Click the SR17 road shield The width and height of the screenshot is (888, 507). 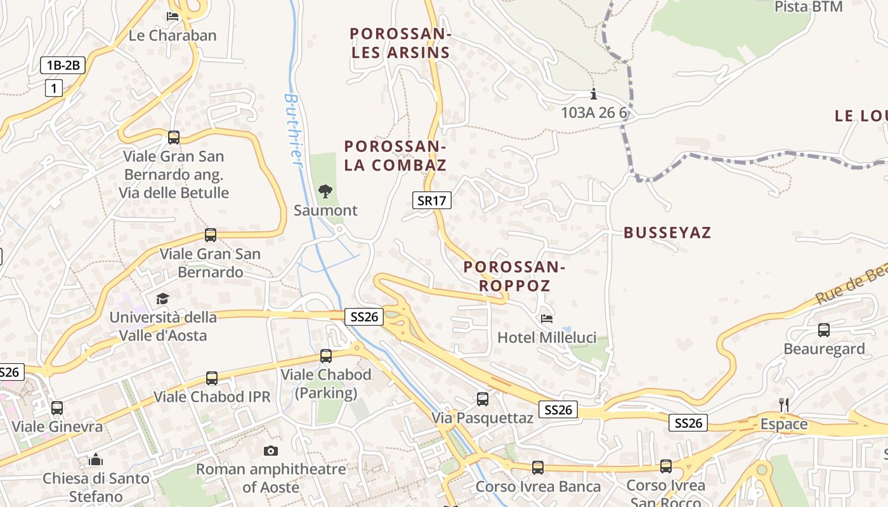[432, 201]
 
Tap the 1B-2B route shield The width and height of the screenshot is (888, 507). [63, 65]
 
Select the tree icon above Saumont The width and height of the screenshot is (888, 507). [325, 191]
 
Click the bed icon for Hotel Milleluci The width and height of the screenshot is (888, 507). [546, 318]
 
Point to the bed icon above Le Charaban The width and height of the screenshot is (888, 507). [173, 16]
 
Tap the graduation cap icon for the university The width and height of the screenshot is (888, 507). [163, 298]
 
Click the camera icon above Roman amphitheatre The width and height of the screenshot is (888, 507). [271, 451]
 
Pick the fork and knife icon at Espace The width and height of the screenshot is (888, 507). [784, 404]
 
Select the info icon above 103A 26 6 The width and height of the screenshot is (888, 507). [594, 94]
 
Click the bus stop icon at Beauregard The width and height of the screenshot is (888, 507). [823, 330]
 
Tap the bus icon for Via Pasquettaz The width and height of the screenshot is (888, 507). [483, 399]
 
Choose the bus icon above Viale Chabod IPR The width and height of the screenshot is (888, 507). [212, 378]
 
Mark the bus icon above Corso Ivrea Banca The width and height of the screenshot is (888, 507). [538, 468]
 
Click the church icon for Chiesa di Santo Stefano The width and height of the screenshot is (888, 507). [96, 459]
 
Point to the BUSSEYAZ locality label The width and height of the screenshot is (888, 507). [667, 233]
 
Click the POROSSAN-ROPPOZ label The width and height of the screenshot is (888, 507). [514, 276]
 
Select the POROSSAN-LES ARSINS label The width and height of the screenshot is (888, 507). [400, 42]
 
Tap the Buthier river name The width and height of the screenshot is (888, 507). [292, 130]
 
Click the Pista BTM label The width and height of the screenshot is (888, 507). [809, 7]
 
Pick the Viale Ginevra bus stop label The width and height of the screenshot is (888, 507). [57, 427]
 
